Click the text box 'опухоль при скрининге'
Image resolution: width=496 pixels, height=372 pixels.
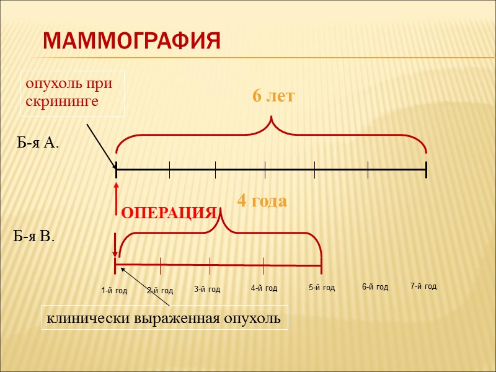[x=73, y=93]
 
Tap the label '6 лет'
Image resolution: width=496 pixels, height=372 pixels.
[x=273, y=97]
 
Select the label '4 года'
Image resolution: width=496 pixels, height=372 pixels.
[x=262, y=201]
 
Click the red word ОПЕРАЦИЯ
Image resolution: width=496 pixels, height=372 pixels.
[x=168, y=213]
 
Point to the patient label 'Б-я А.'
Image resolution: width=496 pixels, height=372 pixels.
[x=37, y=144]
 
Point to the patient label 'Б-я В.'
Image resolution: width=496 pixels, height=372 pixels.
[x=34, y=236]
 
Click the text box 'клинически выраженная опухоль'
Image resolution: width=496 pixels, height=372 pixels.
[x=165, y=319]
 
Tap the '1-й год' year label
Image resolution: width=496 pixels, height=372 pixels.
[x=114, y=290]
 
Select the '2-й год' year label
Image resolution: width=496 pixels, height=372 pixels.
[x=160, y=290]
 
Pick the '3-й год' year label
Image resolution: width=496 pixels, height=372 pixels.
[x=207, y=289]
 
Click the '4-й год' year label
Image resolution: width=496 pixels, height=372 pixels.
[x=264, y=288]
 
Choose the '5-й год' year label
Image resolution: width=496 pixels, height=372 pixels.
[x=322, y=288]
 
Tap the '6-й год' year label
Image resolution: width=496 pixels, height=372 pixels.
[x=375, y=287]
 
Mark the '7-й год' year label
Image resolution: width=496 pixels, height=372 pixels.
[x=423, y=286]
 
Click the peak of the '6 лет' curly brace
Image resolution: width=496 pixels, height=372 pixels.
[x=271, y=117]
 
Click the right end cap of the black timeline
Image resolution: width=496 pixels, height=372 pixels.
[x=427, y=169]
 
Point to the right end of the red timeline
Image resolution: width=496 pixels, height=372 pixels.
[x=321, y=267]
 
